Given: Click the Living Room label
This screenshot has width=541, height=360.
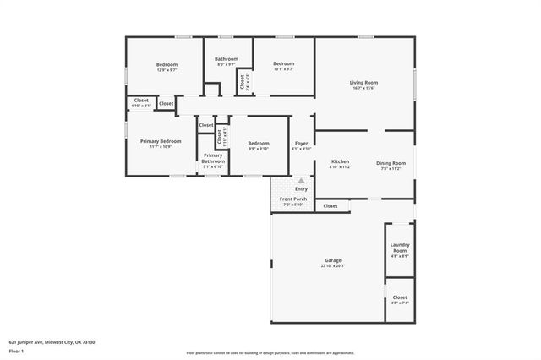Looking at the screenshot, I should coord(363,82).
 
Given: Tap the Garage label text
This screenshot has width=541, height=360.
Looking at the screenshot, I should coord(332,259).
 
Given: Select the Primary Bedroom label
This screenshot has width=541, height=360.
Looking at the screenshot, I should coord(161,141).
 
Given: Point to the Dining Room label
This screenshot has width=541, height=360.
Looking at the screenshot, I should coord(391,163).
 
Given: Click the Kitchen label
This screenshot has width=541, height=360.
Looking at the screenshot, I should coord(340,161).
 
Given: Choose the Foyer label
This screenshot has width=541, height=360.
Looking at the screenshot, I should coord(301,143).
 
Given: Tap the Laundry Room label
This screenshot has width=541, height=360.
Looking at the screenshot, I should coord(400,248).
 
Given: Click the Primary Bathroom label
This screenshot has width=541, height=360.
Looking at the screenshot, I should coord(213,158).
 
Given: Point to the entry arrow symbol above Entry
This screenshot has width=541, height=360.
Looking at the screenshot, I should coord(301,180).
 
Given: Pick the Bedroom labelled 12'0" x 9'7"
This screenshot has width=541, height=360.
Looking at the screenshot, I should coord(167,64).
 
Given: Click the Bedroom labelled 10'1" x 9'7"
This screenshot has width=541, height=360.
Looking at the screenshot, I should coord(283,64).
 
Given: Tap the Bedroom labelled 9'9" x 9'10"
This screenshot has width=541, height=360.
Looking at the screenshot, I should coord(258,144).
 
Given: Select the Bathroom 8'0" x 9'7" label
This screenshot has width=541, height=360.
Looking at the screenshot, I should coord(227,59).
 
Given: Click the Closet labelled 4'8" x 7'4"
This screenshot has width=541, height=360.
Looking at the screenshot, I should coord(400,297).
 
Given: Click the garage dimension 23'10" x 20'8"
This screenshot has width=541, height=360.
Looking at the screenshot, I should coord(332,265).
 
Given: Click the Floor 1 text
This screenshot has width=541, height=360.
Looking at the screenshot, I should coord(17,351).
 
